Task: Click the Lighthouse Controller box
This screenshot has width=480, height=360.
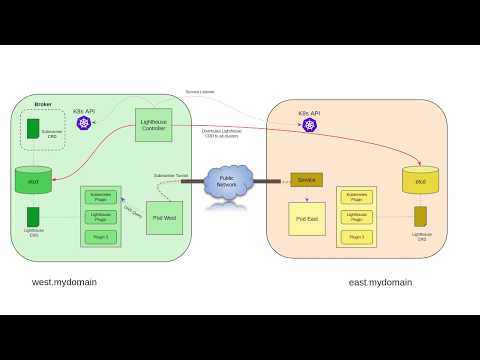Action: [154, 125]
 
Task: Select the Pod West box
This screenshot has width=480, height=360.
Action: [164, 216]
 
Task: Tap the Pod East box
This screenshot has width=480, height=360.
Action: [307, 218]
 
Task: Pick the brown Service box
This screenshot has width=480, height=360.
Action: [307, 180]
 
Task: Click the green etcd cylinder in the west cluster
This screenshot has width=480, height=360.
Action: [33, 181]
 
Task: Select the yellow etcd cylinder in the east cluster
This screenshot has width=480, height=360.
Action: [420, 180]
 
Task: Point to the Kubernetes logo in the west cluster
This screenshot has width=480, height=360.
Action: [84, 123]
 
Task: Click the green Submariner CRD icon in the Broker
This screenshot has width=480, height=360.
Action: [33, 129]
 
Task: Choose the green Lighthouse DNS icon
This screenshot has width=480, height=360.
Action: [33, 216]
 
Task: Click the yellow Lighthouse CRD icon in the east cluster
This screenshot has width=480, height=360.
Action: [420, 216]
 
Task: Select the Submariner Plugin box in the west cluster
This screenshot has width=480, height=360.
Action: [101, 196]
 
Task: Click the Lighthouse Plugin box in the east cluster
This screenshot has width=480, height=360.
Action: [357, 216]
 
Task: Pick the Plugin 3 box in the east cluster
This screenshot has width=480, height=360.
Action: [357, 237]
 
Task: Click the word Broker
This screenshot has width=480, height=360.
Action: [43, 103]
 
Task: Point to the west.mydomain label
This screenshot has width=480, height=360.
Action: [64, 282]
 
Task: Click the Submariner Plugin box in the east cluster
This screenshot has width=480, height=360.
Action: [357, 196]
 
